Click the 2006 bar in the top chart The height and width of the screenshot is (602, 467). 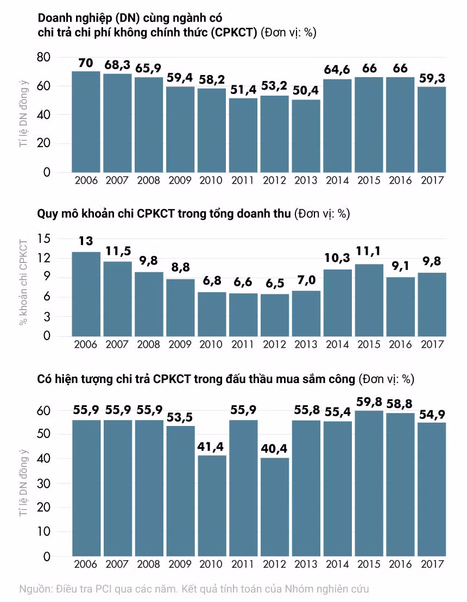pyautogui.click(x=86, y=122)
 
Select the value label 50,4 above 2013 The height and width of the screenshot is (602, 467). pyautogui.click(x=306, y=91)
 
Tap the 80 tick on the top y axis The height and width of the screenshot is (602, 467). pyautogui.click(x=44, y=57)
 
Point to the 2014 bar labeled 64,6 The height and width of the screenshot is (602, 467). pyautogui.click(x=337, y=126)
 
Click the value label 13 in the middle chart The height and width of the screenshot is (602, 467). pyautogui.click(x=86, y=241)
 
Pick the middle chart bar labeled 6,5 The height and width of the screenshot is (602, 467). pyautogui.click(x=274, y=315)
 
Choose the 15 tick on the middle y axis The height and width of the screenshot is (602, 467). pyautogui.click(x=44, y=239)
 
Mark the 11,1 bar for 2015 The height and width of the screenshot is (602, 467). pyautogui.click(x=369, y=300)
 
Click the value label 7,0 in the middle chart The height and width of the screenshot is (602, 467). pyautogui.click(x=306, y=280)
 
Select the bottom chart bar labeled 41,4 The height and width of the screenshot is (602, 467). pyautogui.click(x=212, y=506)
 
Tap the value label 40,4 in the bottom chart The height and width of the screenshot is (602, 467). pyautogui.click(x=274, y=448)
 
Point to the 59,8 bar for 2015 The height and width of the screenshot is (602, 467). pyautogui.click(x=369, y=484)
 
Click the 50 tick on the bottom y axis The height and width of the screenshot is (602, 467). pyautogui.click(x=44, y=434)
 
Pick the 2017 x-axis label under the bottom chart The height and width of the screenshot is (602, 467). pyautogui.click(x=432, y=564)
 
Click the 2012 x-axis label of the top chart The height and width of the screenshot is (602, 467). pyautogui.click(x=274, y=180)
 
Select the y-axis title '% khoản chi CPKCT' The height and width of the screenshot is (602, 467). pyautogui.click(x=24, y=282)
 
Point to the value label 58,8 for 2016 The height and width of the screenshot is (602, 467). pyautogui.click(x=400, y=404)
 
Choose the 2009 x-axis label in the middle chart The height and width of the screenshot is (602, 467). pyautogui.click(x=180, y=344)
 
